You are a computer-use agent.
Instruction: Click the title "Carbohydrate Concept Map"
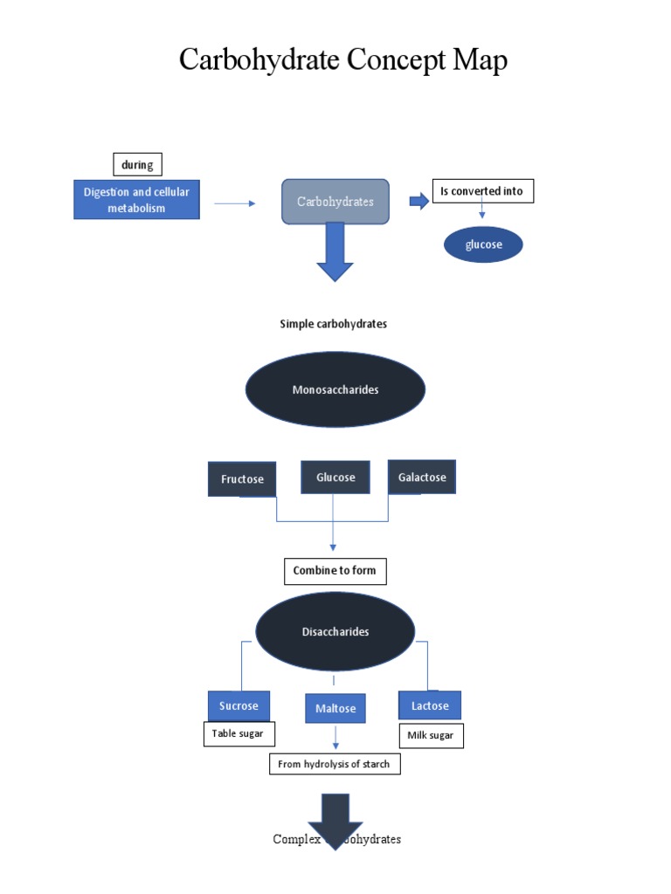click(342, 60)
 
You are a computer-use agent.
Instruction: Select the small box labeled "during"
click(137, 164)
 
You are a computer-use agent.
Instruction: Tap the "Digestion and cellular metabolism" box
click(136, 200)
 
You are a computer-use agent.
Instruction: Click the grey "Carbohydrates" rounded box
click(335, 202)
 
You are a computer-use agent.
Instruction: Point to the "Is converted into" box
click(482, 191)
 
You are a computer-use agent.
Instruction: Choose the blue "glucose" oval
click(483, 245)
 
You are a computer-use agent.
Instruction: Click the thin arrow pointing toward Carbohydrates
click(234, 203)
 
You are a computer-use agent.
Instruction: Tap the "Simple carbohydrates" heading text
click(333, 324)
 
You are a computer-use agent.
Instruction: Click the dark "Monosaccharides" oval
click(335, 389)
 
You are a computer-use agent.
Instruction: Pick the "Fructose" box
click(242, 479)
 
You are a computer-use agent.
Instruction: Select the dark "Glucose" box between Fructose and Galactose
click(335, 478)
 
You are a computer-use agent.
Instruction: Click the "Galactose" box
click(422, 478)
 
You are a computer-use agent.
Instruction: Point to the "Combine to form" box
click(335, 571)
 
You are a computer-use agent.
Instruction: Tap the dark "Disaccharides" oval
click(335, 631)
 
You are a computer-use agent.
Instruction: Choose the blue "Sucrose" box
click(239, 705)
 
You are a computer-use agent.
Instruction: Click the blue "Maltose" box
click(335, 708)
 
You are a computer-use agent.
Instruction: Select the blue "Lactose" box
click(430, 705)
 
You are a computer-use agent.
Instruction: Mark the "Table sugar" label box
click(239, 733)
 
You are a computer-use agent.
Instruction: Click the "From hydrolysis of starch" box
click(335, 764)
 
